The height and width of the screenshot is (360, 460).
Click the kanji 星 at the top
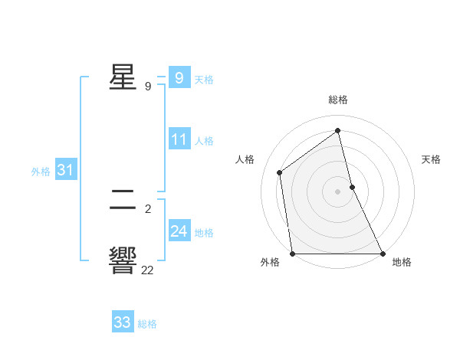pyautogui.click(x=123, y=77)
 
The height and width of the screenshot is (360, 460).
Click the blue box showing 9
pyautogui.click(x=179, y=77)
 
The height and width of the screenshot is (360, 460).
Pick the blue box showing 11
pyautogui.click(x=179, y=139)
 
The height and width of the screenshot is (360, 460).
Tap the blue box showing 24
pyautogui.click(x=179, y=231)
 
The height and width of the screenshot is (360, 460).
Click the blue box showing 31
pyautogui.click(x=65, y=171)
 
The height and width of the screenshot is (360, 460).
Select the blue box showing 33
pyautogui.click(x=123, y=322)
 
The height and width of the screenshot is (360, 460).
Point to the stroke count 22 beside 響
pyautogui.click(x=148, y=270)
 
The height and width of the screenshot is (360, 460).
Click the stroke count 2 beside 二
pyautogui.click(x=148, y=208)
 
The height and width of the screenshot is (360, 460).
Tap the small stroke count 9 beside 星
pyautogui.click(x=148, y=87)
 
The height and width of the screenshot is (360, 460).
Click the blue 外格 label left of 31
pyautogui.click(x=41, y=172)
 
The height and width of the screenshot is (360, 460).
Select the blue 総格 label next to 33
pyautogui.click(x=147, y=324)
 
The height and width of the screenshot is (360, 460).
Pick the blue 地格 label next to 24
pyautogui.click(x=204, y=232)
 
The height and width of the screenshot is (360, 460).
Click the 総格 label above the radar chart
pyautogui.click(x=338, y=100)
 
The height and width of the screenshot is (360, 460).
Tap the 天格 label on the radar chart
pyautogui.click(x=431, y=159)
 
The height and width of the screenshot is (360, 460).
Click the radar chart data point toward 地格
pyautogui.click(x=382, y=253)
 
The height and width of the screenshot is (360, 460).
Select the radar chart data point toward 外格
pyautogui.click(x=292, y=253)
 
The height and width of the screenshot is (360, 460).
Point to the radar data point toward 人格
pyautogui.click(x=280, y=172)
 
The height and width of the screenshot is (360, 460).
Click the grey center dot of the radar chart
pyautogui.click(x=337, y=191)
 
